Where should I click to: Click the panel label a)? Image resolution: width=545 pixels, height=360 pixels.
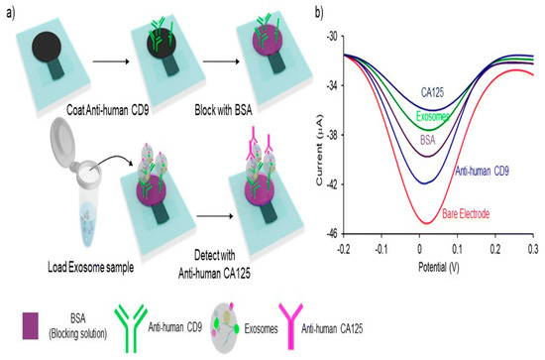pos(9,11)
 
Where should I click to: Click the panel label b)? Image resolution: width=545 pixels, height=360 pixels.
pos(318,11)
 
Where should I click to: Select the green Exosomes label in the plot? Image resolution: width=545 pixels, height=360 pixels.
pos(414,116)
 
